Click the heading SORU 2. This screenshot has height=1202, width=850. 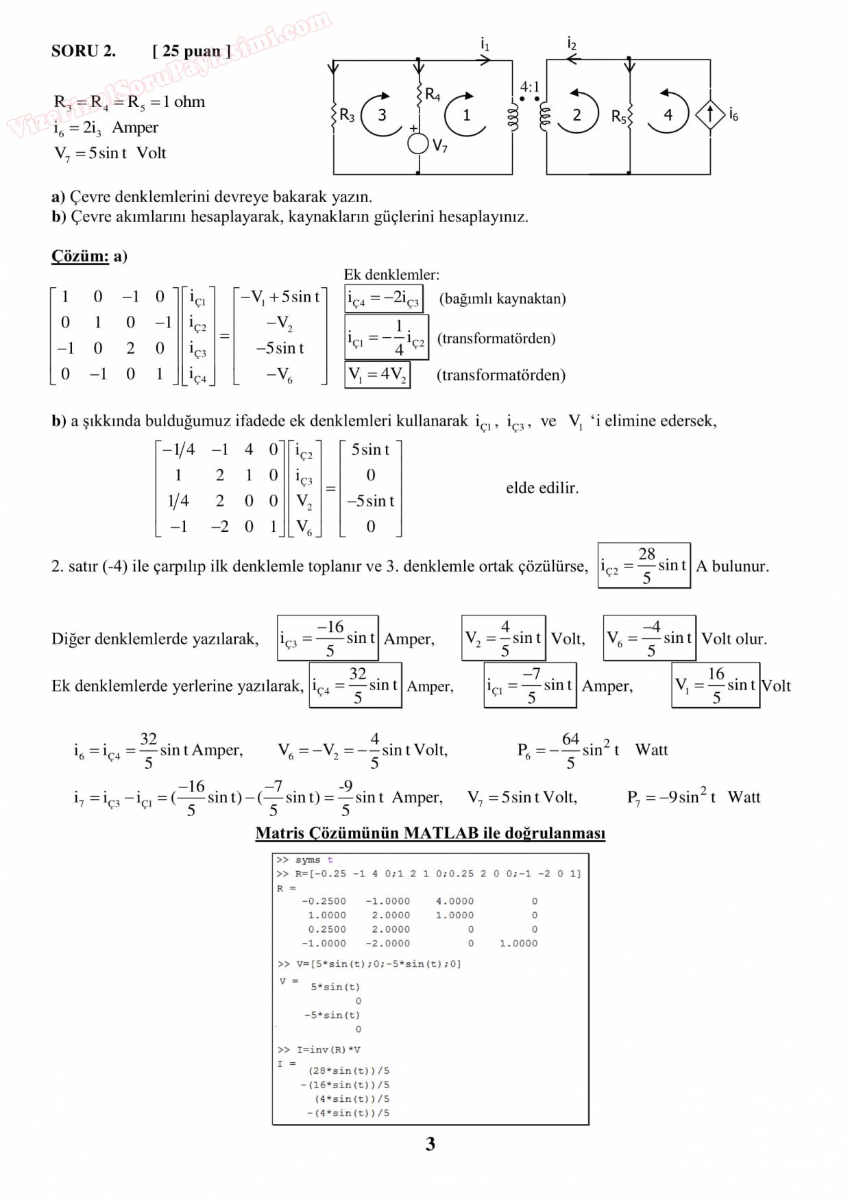coord(83,51)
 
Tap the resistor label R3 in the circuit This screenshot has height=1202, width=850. coord(347,115)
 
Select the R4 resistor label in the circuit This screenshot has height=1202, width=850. coord(433,95)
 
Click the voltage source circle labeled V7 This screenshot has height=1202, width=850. coord(418,144)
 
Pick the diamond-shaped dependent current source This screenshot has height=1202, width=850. coord(710,114)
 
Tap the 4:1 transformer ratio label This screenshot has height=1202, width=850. coord(529,87)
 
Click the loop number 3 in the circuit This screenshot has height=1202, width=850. coord(382,115)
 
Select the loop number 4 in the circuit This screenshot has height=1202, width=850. coord(668,114)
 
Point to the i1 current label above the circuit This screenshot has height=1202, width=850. coord(485,45)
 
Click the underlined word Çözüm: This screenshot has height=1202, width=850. coord(80,256)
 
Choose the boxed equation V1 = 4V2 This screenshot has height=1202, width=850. coord(378,374)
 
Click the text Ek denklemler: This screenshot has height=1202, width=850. coord(391,275)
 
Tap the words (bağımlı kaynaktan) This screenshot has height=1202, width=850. coord(502,299)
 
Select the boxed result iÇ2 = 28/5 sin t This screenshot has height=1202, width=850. coord(644,565)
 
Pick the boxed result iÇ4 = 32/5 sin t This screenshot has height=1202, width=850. coord(355,685)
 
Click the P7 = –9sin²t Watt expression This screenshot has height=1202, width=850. coord(693,797)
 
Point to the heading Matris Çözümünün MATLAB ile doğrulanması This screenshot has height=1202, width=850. coord(430,833)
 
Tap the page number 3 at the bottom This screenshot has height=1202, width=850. coord(430,1144)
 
